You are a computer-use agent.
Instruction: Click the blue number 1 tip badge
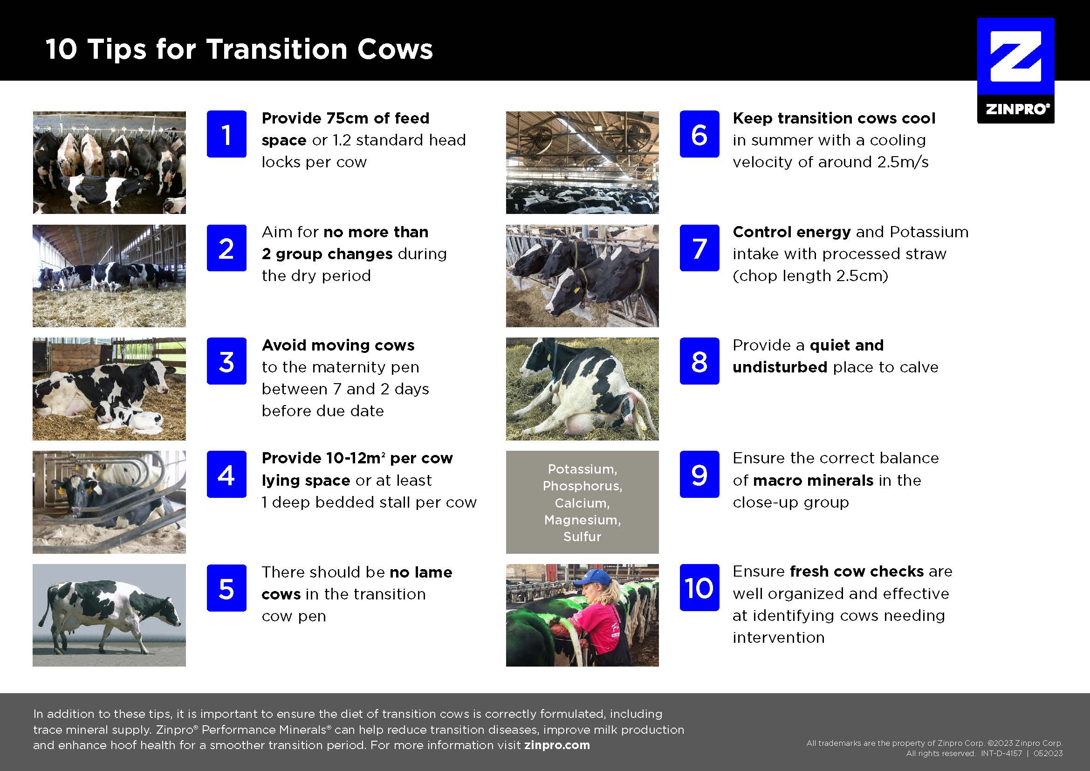(226, 134)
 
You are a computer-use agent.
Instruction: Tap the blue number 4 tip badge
(226, 474)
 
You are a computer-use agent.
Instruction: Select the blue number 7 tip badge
(699, 248)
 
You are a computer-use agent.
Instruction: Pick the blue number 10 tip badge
(699, 587)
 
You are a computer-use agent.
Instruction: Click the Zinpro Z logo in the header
(1015, 71)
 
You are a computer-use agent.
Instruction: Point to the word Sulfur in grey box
(582, 537)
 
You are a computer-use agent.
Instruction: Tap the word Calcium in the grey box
(582, 503)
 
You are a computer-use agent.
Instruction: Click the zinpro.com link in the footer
(557, 745)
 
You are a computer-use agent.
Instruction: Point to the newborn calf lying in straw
(129, 416)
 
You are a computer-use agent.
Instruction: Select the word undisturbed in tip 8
(780, 367)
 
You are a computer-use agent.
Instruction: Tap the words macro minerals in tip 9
(813, 480)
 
